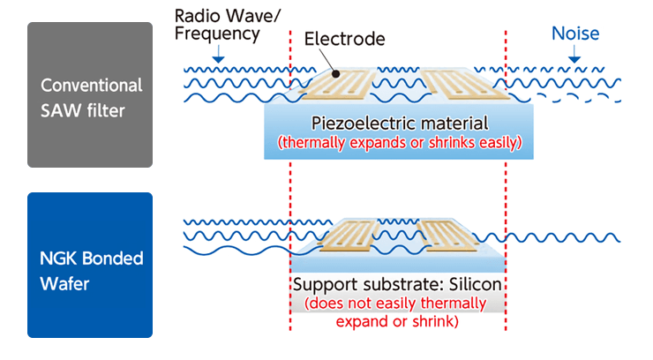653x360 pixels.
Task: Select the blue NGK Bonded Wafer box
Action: pyautogui.click(x=90, y=265)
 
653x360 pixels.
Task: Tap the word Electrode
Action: pyautogui.click(x=344, y=39)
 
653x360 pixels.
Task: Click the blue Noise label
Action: pyautogui.click(x=575, y=34)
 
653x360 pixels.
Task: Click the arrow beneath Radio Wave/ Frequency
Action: pyautogui.click(x=218, y=56)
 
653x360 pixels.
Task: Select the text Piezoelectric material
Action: pyautogui.click(x=400, y=123)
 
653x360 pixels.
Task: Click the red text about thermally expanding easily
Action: pyautogui.click(x=400, y=142)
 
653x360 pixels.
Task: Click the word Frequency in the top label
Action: pyautogui.click(x=218, y=34)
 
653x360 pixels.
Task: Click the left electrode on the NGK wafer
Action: pyautogui.click(x=353, y=236)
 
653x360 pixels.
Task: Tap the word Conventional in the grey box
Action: pyautogui.click(x=91, y=86)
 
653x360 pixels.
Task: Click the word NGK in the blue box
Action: pyautogui.click(x=60, y=259)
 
